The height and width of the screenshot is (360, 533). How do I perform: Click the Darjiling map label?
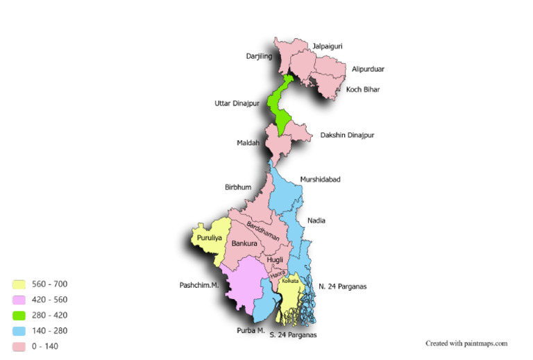(258, 56)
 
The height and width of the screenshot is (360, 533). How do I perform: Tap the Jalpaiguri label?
(327, 46)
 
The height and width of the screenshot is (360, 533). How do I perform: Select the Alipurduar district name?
(368, 69)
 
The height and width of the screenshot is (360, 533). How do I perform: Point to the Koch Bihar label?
(363, 89)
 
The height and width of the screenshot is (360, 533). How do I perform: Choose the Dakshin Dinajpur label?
(347, 135)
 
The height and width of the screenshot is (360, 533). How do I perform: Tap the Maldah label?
(248, 144)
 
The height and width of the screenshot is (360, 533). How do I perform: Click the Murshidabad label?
(320, 180)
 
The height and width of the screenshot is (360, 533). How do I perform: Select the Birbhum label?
(238, 187)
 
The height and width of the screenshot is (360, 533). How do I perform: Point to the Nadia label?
(316, 221)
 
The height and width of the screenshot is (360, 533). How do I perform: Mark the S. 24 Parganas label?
(293, 336)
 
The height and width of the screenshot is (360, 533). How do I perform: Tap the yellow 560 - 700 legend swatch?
(19, 284)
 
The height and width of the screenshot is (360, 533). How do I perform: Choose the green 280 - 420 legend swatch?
(19, 316)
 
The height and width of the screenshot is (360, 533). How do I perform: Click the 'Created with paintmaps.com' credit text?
(466, 343)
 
